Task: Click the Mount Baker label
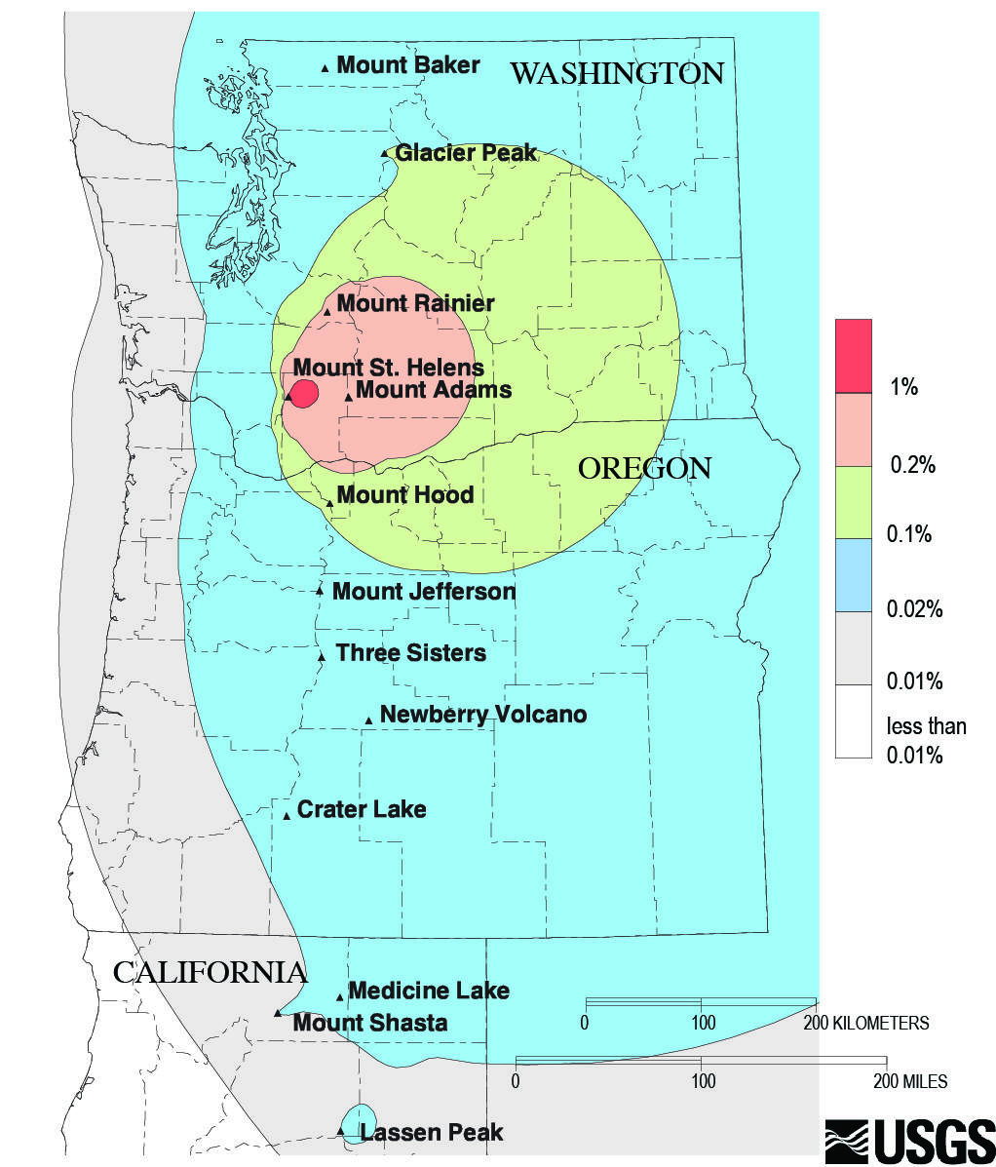coord(407,65)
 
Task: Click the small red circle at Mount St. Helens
coord(305,394)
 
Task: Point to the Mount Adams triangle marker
coord(348,397)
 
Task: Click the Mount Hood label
coord(405,495)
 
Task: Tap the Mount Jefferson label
coord(424,592)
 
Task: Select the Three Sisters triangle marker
coord(321,657)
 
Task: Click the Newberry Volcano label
coord(483,715)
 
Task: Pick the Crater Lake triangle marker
coord(287,816)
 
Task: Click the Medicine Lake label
coord(429,992)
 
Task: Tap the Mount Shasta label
coord(370,1023)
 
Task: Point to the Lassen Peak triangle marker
coord(340,1132)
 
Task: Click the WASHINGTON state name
coord(618,73)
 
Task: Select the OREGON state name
coord(644,468)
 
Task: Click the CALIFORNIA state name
coord(211,972)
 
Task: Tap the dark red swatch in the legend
coord(853,356)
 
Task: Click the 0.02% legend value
coord(914,610)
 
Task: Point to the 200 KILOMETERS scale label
coord(864,1023)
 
